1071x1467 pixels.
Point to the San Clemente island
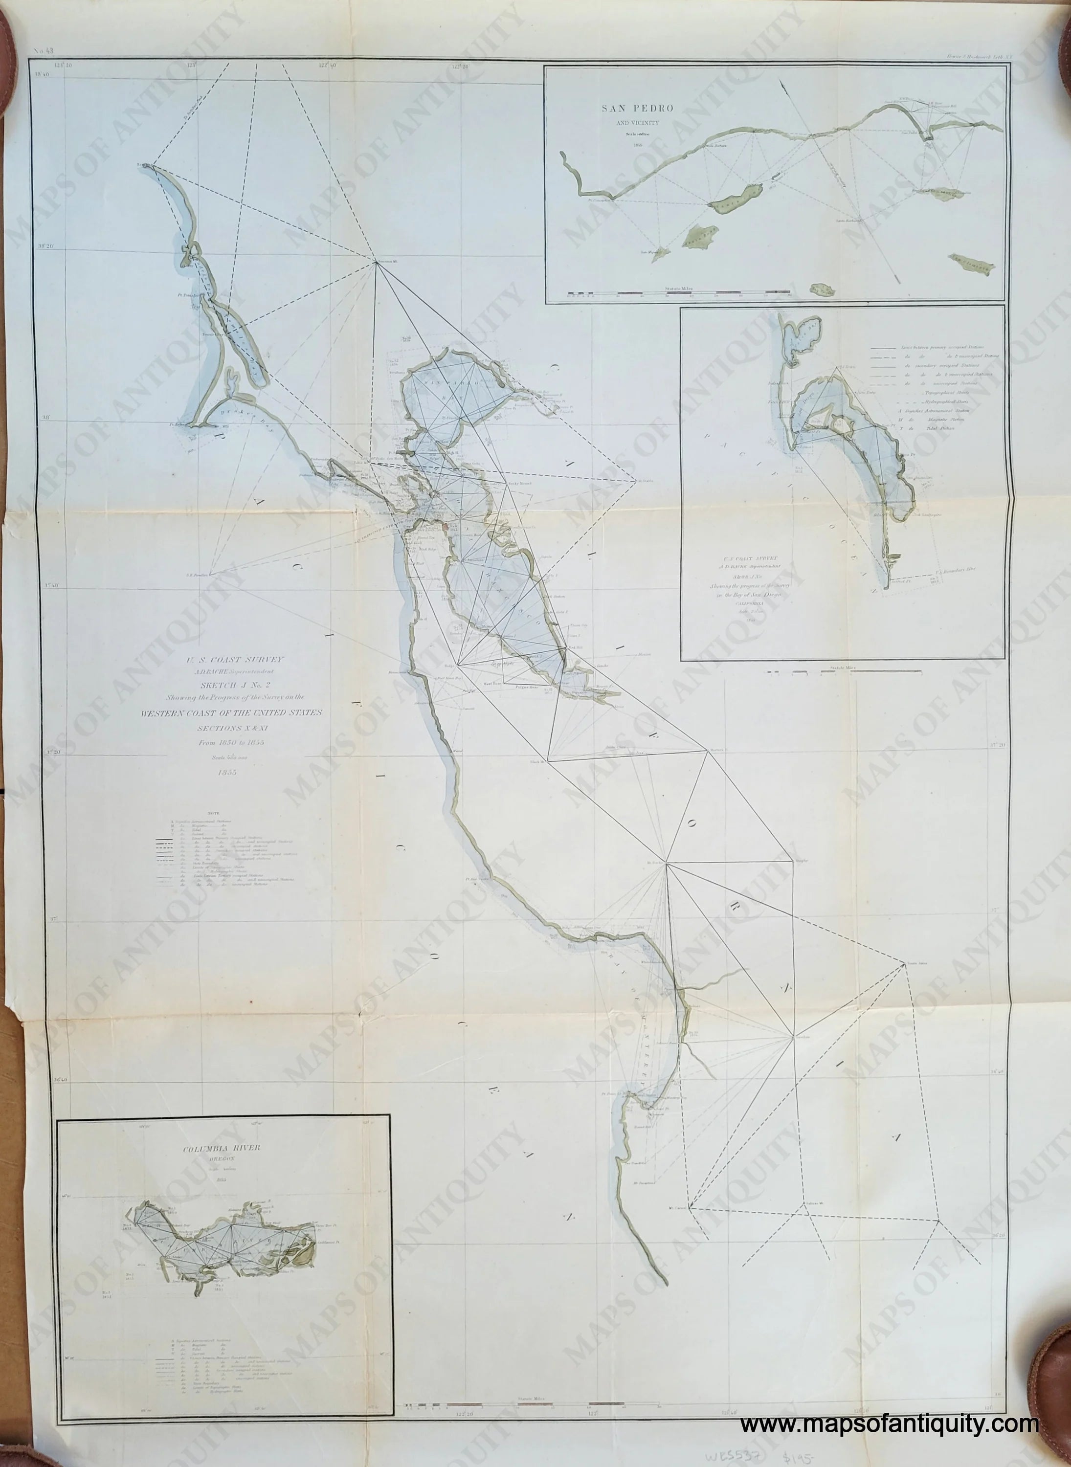click(971, 263)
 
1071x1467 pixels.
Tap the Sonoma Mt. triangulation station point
click(377, 262)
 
